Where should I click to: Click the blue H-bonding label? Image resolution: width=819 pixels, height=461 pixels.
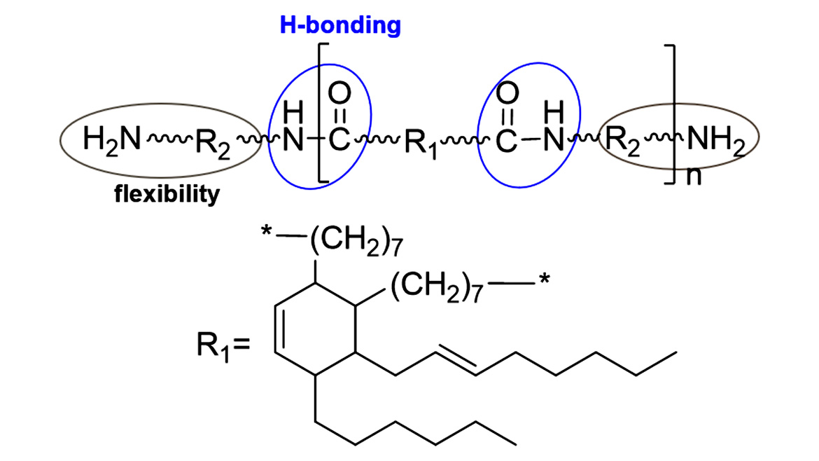(x=340, y=26)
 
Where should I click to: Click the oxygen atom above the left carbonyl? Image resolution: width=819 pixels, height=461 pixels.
(x=339, y=92)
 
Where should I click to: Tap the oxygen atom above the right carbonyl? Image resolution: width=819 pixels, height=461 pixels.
(x=509, y=92)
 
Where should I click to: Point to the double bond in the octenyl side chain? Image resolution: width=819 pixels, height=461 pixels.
(x=455, y=363)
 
